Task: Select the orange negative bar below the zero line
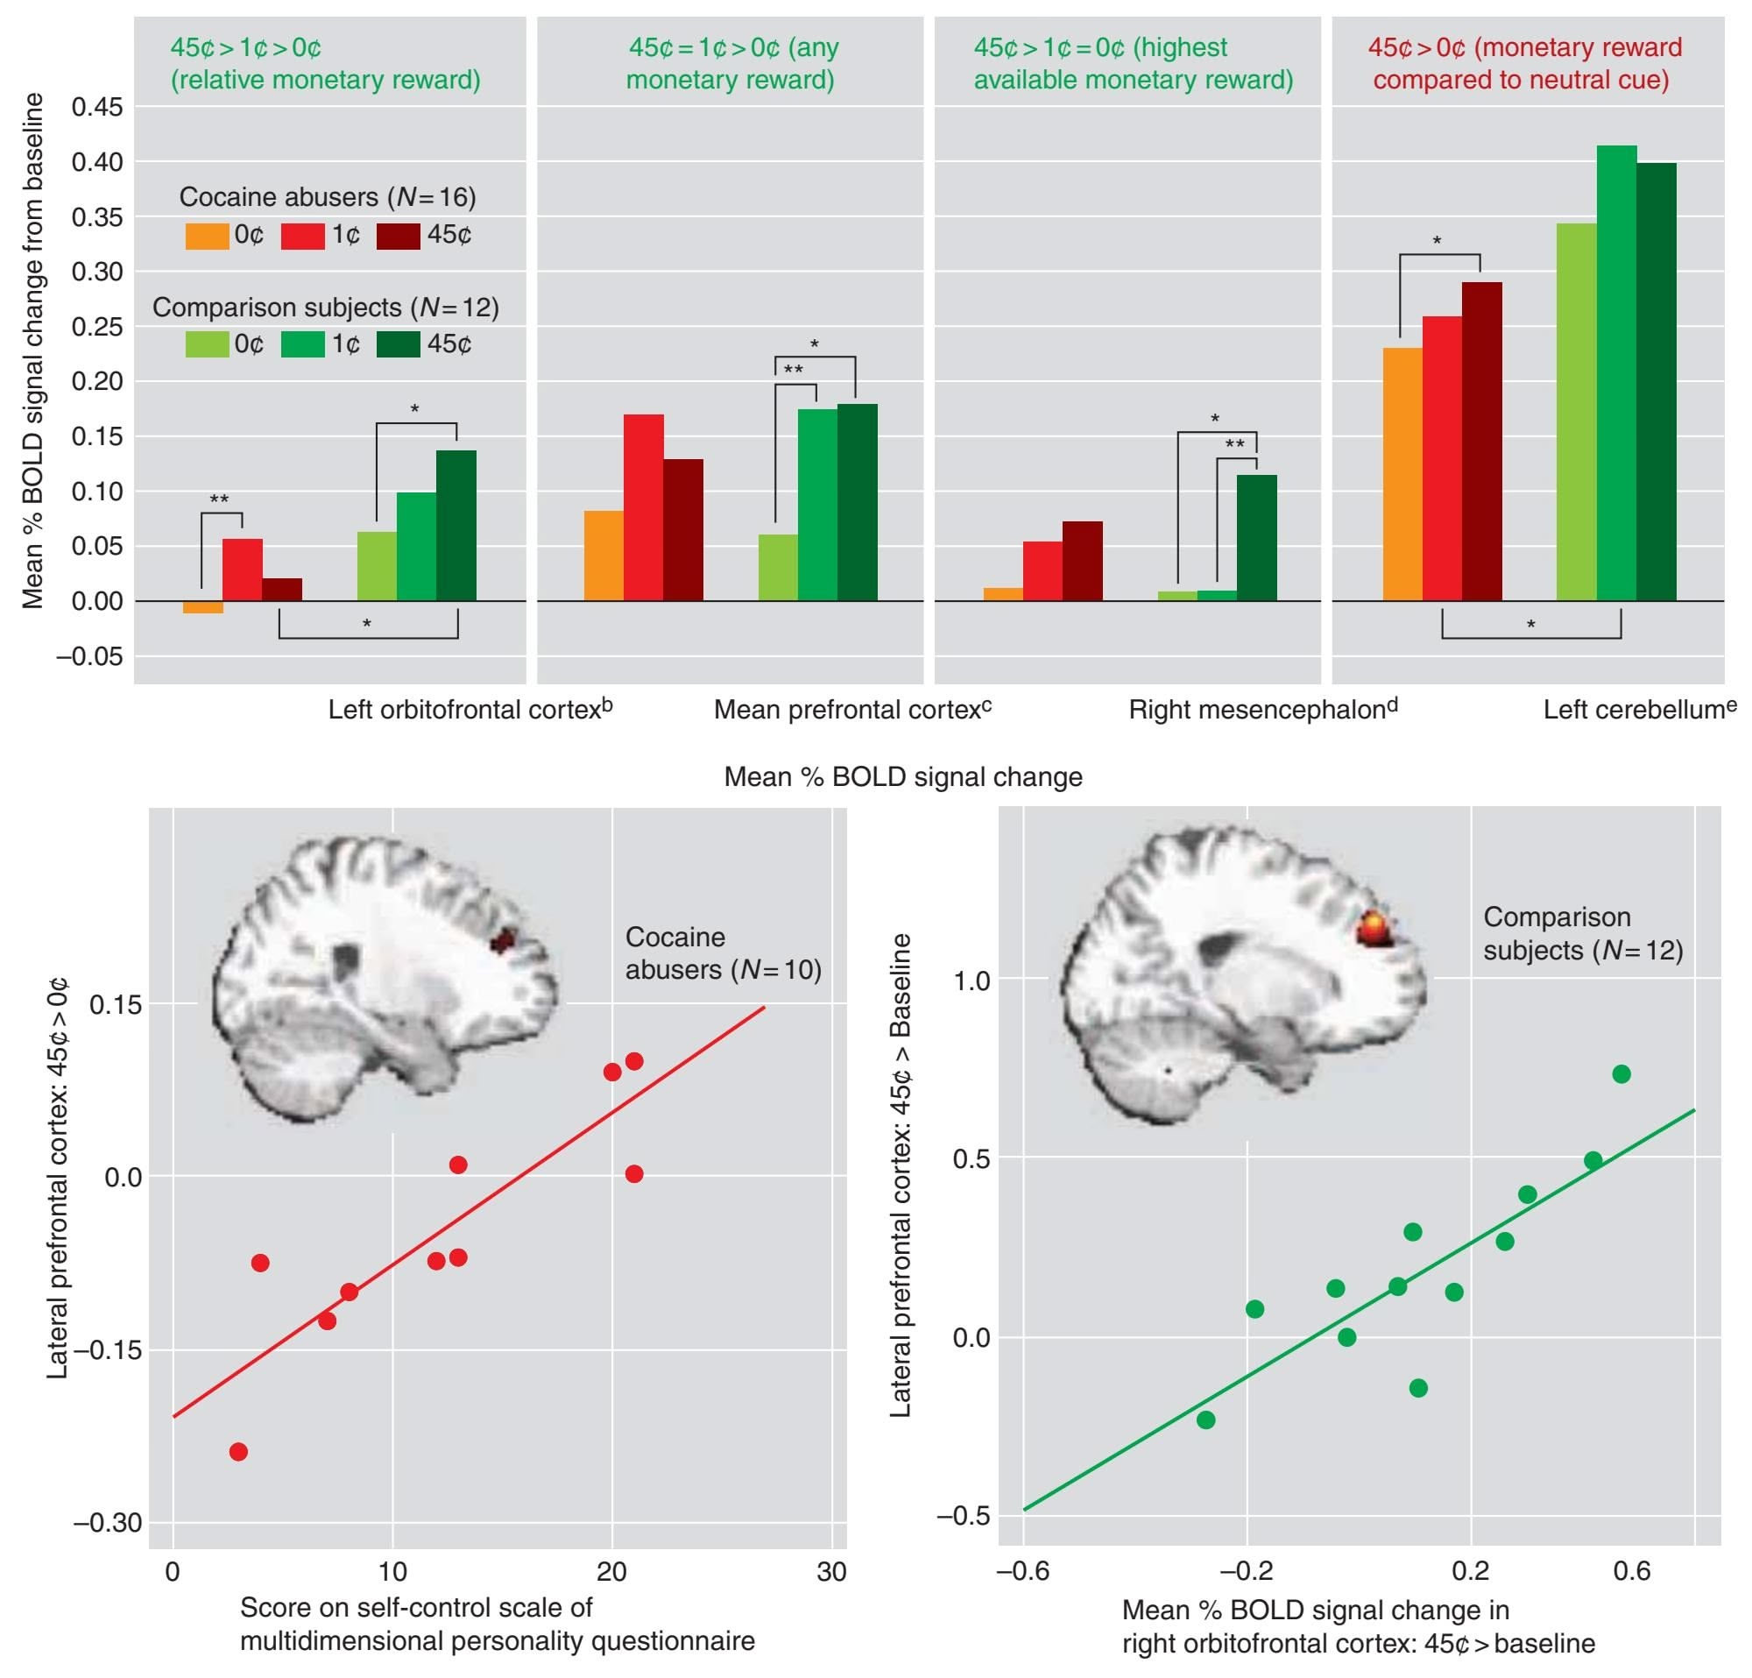[203, 608]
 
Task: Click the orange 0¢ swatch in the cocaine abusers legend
[207, 236]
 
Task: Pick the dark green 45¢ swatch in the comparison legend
[398, 344]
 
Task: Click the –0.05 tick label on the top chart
[89, 656]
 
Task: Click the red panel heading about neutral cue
[1523, 63]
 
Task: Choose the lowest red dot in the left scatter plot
[237, 1452]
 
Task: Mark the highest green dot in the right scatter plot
[1621, 1073]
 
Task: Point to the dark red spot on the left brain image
[505, 940]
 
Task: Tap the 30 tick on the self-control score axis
[831, 1572]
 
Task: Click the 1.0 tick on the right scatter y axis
[971, 981]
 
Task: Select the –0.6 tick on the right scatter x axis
[1022, 1572]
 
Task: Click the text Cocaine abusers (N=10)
[722, 953]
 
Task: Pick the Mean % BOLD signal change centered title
[903, 777]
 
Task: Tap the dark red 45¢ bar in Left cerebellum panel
[1657, 381]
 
